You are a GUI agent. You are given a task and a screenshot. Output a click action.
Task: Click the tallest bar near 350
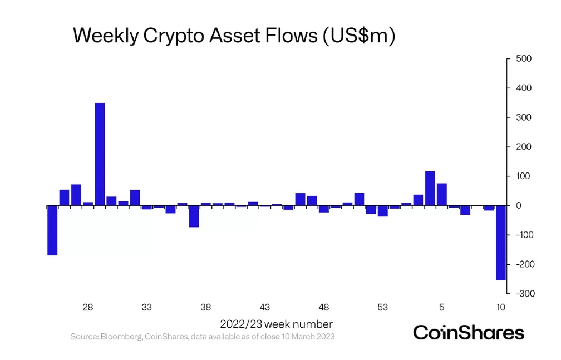click(x=100, y=155)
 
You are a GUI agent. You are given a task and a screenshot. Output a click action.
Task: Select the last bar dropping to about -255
click(x=501, y=243)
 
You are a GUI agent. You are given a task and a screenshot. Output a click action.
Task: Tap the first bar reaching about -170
click(x=52, y=231)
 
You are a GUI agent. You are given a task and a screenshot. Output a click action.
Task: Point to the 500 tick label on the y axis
click(x=524, y=59)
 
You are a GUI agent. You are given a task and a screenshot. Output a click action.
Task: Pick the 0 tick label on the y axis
click(x=519, y=206)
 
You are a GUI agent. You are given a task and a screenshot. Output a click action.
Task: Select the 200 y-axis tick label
click(x=524, y=147)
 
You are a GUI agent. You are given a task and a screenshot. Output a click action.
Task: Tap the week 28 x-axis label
click(x=88, y=307)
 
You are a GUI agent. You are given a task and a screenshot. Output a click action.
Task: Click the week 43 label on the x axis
click(x=265, y=307)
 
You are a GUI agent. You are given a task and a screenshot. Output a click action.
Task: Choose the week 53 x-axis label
click(x=383, y=307)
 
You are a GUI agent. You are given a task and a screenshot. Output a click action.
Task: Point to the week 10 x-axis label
click(x=501, y=307)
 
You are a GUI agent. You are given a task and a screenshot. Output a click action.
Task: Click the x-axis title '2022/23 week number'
click(x=277, y=324)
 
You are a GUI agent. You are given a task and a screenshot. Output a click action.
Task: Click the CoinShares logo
click(x=469, y=333)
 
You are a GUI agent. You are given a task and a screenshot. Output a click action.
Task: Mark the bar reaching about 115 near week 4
click(x=430, y=189)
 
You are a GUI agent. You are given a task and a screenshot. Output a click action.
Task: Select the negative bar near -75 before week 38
click(x=194, y=216)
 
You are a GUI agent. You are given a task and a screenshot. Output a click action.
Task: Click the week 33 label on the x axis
click(x=147, y=307)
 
